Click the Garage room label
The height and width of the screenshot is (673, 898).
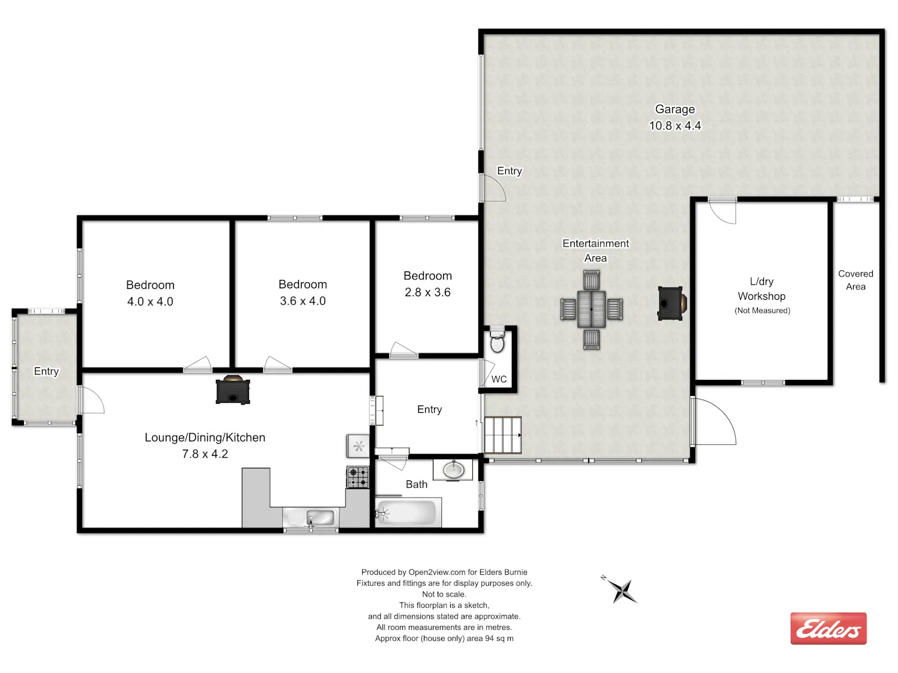675,109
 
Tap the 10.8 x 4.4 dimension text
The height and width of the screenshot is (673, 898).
675,126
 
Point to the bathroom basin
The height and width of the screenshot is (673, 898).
453,470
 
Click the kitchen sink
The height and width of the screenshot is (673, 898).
311,518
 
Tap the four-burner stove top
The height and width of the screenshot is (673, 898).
358,477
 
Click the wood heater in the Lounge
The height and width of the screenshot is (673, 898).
233,390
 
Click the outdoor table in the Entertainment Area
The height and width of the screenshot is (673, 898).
591,309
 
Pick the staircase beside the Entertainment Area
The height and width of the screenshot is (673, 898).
503,435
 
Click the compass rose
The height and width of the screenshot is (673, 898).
620,590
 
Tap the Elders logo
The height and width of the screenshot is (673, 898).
828,629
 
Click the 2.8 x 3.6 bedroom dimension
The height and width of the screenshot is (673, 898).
427,292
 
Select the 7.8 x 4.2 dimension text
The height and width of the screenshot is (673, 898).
205,454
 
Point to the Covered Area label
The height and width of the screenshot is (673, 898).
855,280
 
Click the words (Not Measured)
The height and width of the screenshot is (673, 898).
762,310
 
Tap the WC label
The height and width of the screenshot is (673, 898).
499,379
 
